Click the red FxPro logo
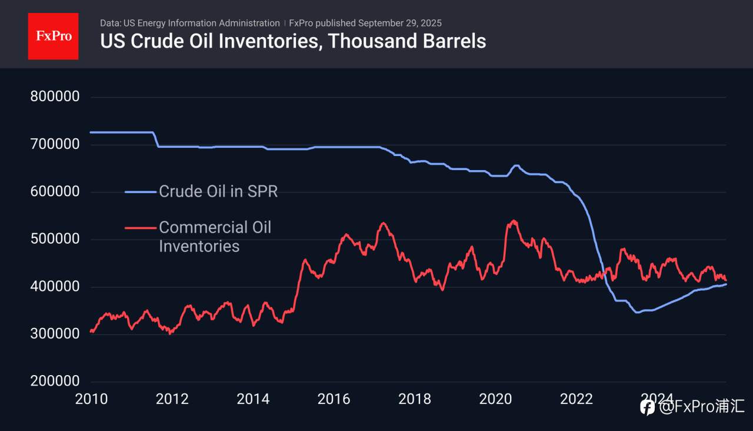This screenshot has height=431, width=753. (x=53, y=36)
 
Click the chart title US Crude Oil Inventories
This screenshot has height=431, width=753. (x=293, y=41)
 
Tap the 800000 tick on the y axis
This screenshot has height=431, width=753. (x=55, y=97)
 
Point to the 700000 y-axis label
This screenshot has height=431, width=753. (x=55, y=144)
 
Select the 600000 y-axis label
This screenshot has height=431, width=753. (x=55, y=192)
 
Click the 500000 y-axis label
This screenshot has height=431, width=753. (x=55, y=240)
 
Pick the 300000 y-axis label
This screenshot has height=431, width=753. (x=55, y=334)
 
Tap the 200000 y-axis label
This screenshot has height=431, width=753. (x=55, y=382)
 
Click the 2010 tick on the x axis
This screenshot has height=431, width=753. (x=91, y=399)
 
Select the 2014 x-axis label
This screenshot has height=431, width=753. (x=253, y=399)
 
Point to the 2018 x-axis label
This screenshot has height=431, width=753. (x=415, y=399)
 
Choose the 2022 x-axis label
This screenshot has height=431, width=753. (x=577, y=399)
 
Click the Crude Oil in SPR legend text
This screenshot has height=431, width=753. (x=218, y=191)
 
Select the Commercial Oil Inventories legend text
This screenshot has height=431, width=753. (x=215, y=236)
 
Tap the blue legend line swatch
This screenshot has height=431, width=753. (x=141, y=191)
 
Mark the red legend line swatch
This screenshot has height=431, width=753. (x=141, y=227)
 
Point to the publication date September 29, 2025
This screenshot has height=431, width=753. (x=399, y=23)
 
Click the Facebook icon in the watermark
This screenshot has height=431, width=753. (x=648, y=407)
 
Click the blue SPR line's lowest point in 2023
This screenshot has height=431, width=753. (x=637, y=313)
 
